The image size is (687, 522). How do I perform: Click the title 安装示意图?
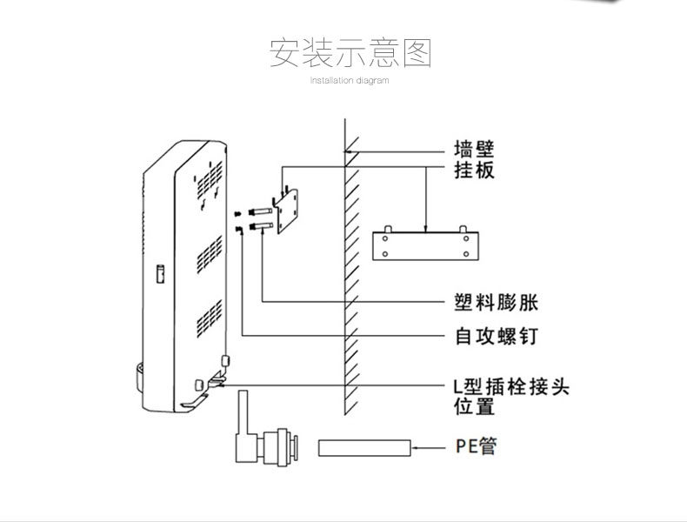pyautogui.click(x=350, y=53)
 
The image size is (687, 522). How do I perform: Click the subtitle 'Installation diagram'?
pyautogui.click(x=350, y=81)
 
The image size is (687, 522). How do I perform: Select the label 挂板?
pyautogui.click(x=474, y=170)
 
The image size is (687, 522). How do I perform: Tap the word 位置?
pyautogui.click(x=474, y=406)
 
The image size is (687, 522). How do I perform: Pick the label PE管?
pyautogui.click(x=477, y=447)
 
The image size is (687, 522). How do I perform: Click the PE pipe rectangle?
pyautogui.click(x=364, y=448)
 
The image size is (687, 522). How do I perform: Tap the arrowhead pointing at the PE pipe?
pyautogui.click(x=416, y=448)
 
